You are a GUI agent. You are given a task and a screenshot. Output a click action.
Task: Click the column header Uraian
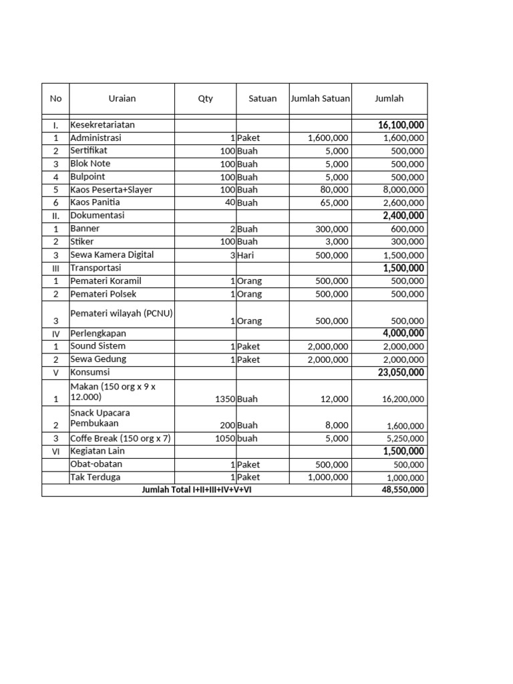click(122, 98)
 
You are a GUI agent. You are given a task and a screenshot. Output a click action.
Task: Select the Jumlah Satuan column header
click(320, 98)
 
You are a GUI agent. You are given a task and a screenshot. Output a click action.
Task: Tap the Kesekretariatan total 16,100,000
click(401, 125)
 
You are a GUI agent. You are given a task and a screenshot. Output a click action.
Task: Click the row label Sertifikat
click(89, 151)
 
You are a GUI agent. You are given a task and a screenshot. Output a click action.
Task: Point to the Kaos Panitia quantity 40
click(228, 202)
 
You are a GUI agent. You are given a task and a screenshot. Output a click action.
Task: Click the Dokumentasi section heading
click(98, 216)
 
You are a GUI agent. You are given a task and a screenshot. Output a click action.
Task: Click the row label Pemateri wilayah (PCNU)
click(121, 313)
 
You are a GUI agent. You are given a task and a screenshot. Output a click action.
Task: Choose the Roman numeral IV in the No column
click(55, 333)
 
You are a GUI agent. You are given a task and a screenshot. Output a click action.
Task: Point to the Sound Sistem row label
click(98, 346)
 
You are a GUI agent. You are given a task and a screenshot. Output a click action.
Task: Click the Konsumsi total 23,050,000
click(401, 373)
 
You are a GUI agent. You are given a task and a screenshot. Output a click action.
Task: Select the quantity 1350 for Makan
click(224, 399)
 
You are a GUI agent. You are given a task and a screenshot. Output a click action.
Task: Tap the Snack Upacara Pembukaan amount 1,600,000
click(405, 425)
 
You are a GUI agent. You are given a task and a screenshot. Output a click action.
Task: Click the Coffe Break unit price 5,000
click(337, 438)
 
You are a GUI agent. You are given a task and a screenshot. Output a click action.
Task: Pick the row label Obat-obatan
click(96, 464)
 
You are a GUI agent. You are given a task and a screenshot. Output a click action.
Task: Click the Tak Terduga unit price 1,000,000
click(327, 478)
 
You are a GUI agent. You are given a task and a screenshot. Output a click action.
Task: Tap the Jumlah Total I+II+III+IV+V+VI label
click(196, 490)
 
